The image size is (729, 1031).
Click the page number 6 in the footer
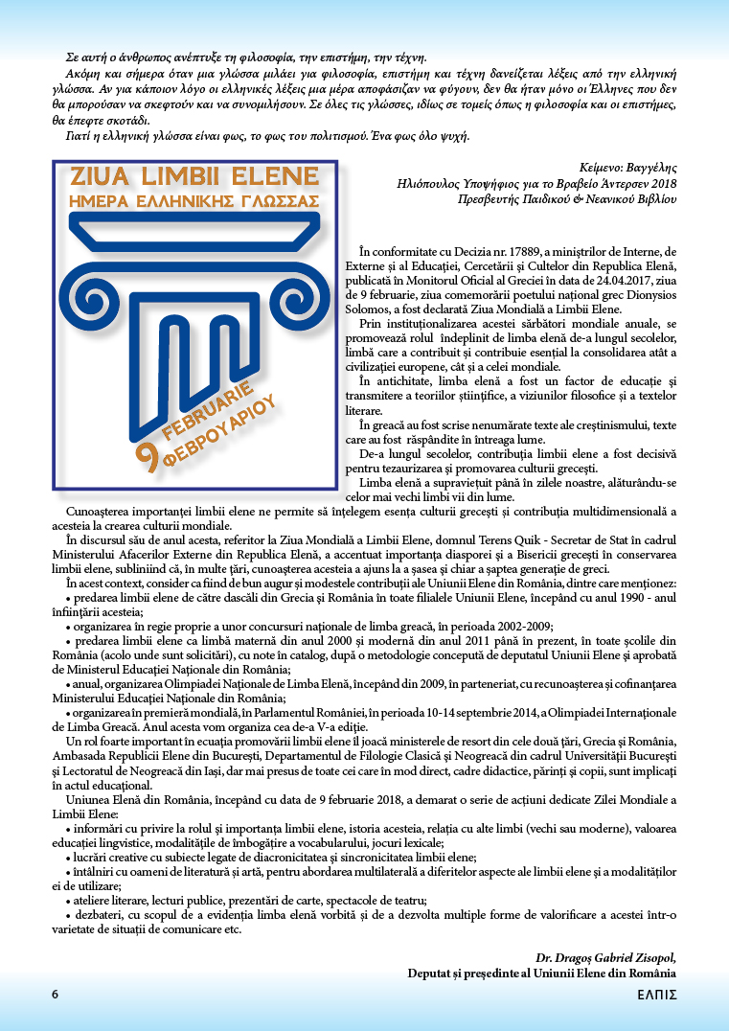point(56,995)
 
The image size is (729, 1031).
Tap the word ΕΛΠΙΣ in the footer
point(657,995)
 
